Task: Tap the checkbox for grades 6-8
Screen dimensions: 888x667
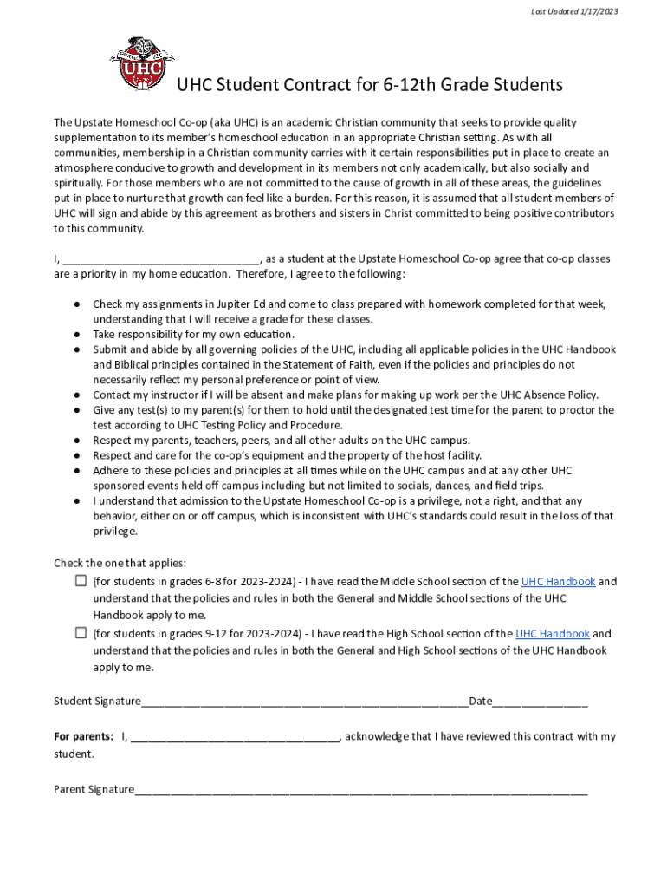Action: tap(81, 581)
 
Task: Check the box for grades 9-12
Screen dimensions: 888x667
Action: tap(81, 633)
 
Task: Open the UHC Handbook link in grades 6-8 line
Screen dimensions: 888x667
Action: tap(558, 582)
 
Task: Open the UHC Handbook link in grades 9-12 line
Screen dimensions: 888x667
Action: tap(552, 634)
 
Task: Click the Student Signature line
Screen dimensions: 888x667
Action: tap(303, 702)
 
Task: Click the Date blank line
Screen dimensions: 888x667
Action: tap(541, 702)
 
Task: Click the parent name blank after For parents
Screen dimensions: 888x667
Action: tap(235, 738)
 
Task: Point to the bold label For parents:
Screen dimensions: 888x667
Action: tap(83, 737)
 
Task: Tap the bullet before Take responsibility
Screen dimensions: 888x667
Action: tap(77, 335)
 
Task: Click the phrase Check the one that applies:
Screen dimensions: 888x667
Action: tap(120, 563)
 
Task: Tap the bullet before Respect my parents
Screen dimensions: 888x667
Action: tap(77, 441)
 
